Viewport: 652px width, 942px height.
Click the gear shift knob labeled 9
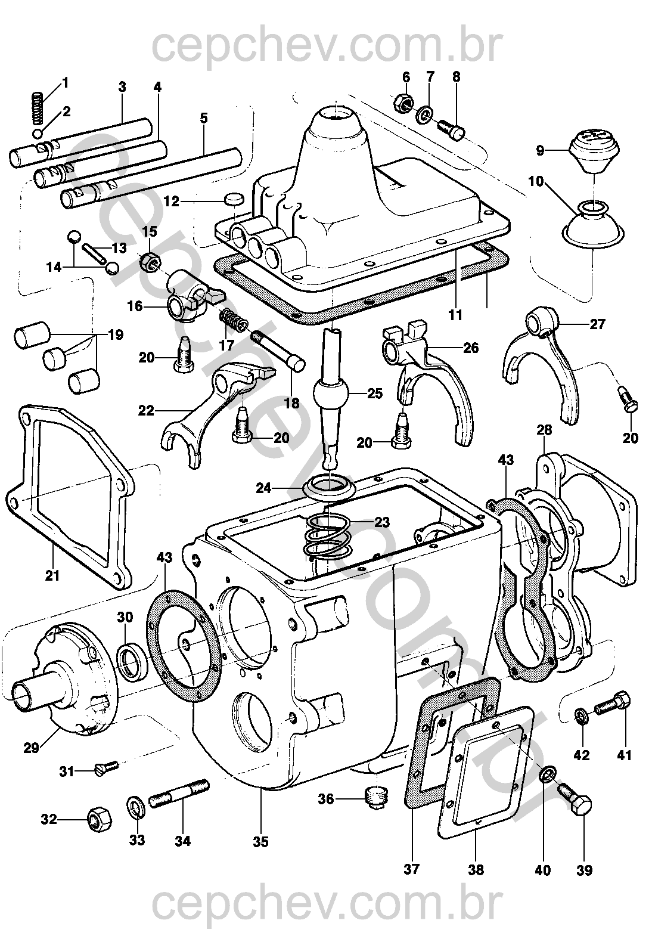point(594,151)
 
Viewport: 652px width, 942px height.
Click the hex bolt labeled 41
point(611,704)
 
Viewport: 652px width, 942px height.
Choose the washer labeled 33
point(136,809)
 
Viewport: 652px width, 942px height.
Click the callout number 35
point(260,842)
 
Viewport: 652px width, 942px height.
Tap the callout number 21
point(52,576)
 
